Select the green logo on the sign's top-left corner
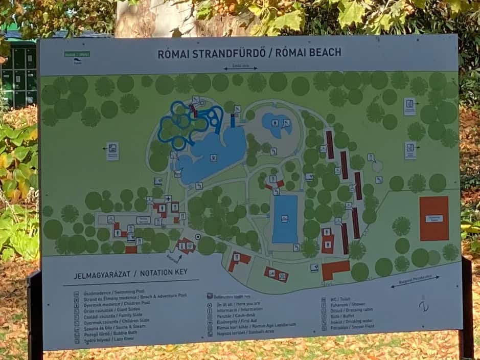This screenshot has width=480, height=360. (x=77, y=55)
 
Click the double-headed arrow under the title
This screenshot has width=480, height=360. (x=240, y=68)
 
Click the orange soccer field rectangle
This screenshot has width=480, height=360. (x=434, y=218)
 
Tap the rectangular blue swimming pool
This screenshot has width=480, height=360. (x=285, y=219)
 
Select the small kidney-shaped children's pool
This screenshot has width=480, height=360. (x=276, y=124)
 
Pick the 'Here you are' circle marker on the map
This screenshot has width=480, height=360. (x=198, y=237)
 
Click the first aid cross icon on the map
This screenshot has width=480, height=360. (x=168, y=198)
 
